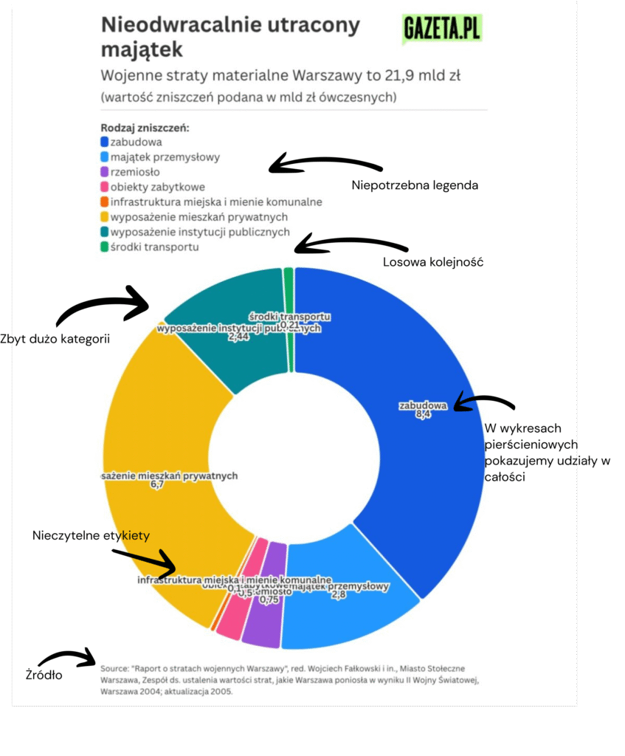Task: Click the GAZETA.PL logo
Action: click(x=442, y=30)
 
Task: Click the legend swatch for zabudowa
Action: click(x=105, y=142)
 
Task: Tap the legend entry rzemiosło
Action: click(x=129, y=172)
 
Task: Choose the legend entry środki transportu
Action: click(x=153, y=247)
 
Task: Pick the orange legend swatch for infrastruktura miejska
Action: click(x=105, y=202)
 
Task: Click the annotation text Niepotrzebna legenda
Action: click(x=415, y=185)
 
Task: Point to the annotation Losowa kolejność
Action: click(x=432, y=262)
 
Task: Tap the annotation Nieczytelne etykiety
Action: click(x=91, y=535)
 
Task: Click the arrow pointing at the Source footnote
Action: click(x=69, y=656)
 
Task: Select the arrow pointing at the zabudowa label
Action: click(x=484, y=402)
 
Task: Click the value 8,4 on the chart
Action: click(x=423, y=415)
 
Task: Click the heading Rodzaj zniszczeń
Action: click(x=145, y=127)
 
